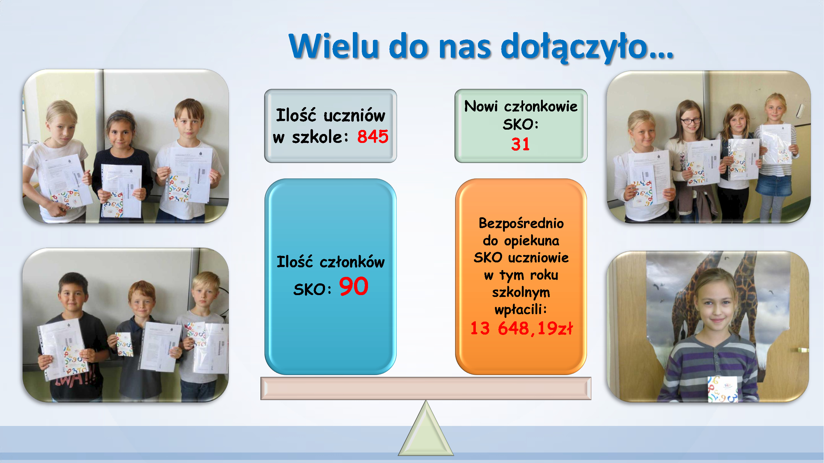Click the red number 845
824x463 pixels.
pyautogui.click(x=373, y=136)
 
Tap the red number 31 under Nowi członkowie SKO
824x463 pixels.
pyautogui.click(x=520, y=144)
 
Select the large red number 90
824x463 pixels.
pyautogui.click(x=354, y=286)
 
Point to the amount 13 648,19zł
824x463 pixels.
pyautogui.click(x=522, y=328)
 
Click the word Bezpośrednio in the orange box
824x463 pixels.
pyautogui.click(x=521, y=223)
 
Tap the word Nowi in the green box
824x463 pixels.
pyautogui.click(x=481, y=106)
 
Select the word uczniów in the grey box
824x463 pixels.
pyautogui.click(x=354, y=115)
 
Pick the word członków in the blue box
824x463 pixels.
pyautogui.click(x=352, y=262)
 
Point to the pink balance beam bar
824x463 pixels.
pyautogui.click(x=426, y=388)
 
